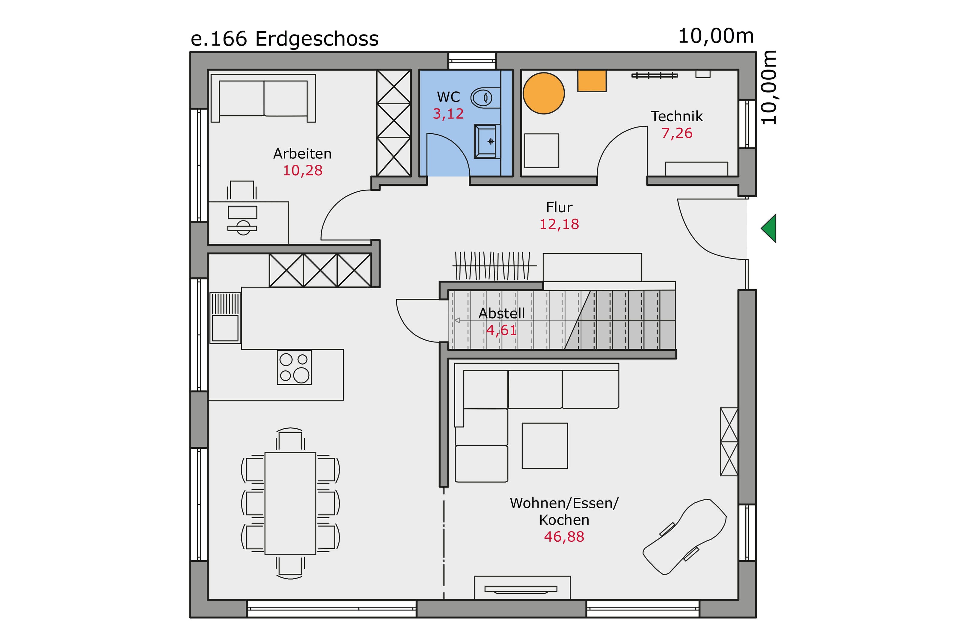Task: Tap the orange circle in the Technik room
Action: pos(543,93)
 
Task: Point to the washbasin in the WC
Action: pos(487,141)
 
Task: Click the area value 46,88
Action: pos(564,537)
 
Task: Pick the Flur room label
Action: pos(559,207)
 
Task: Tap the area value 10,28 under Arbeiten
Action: pos(302,170)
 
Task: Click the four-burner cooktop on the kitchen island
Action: pos(294,367)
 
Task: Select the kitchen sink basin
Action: pos(225,328)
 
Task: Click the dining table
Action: pos(290,503)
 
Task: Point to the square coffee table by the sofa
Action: pos(545,446)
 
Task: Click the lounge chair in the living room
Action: pos(685,537)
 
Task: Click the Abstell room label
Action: pos(501,313)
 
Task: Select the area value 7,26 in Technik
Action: pos(677,133)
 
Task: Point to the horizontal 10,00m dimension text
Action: pos(716,36)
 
